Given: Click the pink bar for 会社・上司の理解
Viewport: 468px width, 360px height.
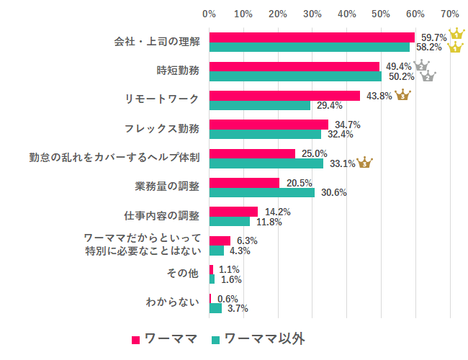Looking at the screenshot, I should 312,37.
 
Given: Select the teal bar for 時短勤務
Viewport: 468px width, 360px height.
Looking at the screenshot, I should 295,76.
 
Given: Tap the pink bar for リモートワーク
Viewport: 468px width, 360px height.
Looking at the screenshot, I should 284,96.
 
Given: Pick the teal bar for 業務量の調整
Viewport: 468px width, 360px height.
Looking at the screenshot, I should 262,192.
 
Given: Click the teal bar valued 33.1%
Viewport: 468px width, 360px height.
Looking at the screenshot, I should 266,163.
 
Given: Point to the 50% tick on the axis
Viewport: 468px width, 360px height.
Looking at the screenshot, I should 382,14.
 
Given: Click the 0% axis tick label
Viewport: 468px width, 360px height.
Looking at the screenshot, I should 210,14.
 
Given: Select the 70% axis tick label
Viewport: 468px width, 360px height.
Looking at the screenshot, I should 450,14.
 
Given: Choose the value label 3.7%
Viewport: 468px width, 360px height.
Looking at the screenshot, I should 238,308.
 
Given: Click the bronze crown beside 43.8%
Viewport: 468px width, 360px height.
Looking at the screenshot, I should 402,95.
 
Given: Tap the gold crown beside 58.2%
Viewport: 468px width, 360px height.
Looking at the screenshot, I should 455,48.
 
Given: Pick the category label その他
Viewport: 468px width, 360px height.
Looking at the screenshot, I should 183,274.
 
